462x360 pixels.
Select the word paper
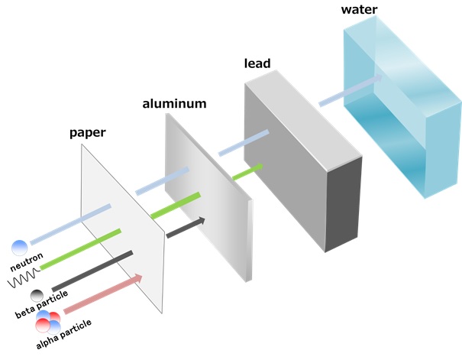click(x=87, y=132)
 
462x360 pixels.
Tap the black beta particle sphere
click(x=37, y=295)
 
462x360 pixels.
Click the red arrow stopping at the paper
click(x=102, y=294)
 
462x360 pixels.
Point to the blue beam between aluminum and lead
click(x=244, y=144)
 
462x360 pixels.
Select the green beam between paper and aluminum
click(x=176, y=206)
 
